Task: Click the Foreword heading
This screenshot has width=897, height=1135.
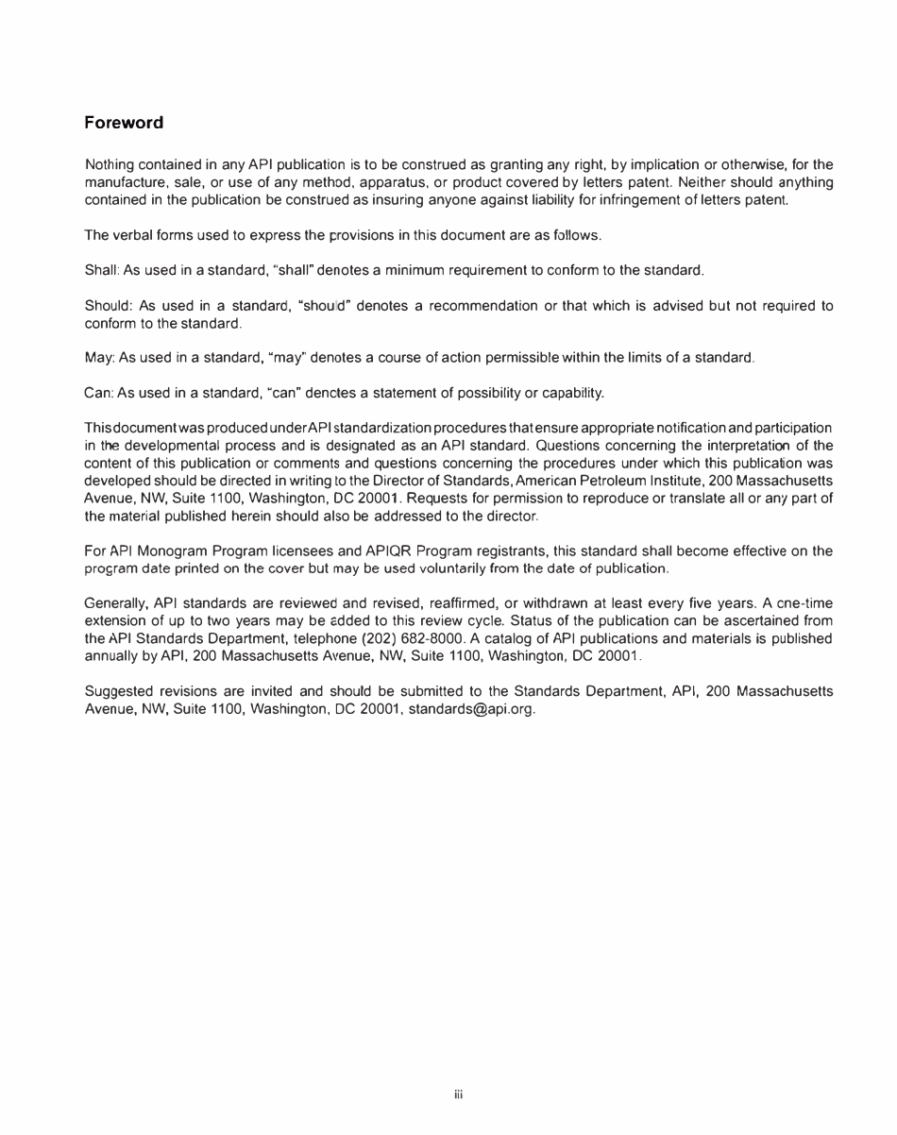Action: point(124,123)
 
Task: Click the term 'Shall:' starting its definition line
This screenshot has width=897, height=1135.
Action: point(102,271)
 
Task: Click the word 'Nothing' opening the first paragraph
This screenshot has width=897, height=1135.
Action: point(110,166)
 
